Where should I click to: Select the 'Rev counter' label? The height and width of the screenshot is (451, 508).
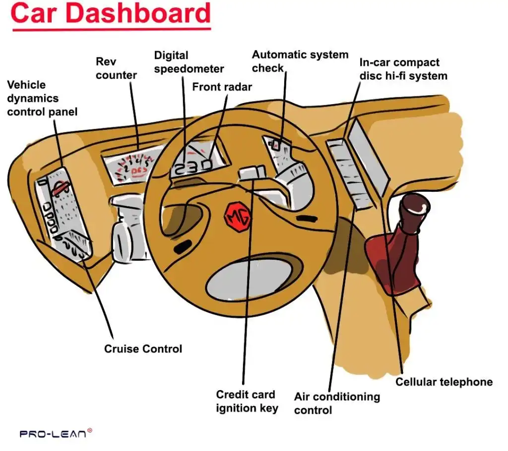[116, 68]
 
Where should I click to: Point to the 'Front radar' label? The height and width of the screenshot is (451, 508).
[222, 87]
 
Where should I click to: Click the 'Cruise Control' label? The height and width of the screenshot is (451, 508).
[143, 349]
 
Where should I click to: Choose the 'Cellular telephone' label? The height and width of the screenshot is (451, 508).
[444, 382]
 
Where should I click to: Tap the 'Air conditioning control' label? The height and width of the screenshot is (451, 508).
[336, 403]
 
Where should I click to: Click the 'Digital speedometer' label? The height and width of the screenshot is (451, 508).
[189, 62]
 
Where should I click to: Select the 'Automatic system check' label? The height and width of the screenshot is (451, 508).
[300, 61]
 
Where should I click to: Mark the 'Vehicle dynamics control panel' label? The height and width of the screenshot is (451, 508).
[42, 99]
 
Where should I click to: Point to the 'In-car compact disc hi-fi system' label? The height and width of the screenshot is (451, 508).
[403, 69]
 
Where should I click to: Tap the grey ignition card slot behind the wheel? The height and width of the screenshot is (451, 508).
[252, 173]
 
